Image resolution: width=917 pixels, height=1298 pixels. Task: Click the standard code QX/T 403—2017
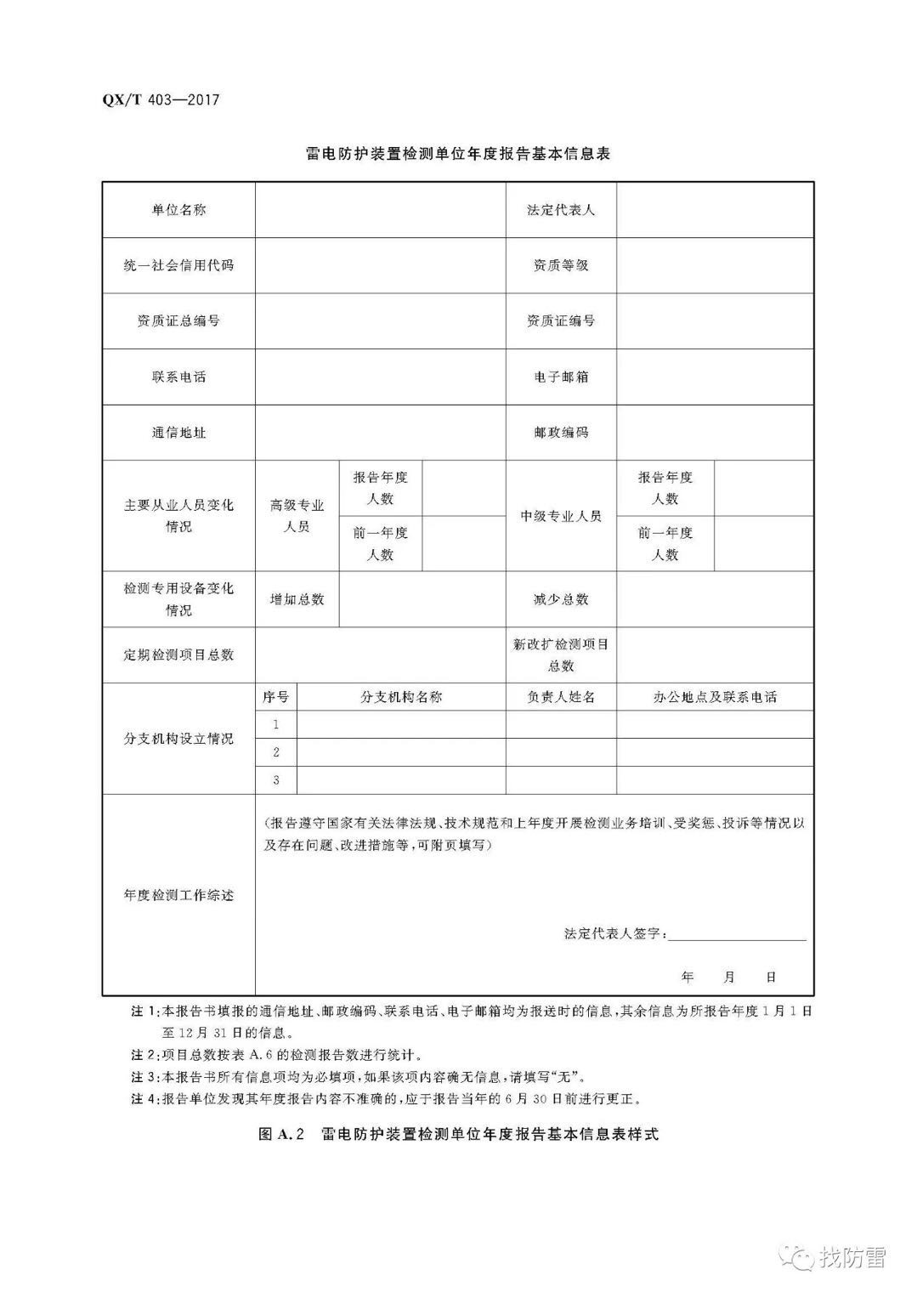161,99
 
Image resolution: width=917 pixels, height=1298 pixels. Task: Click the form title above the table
457,154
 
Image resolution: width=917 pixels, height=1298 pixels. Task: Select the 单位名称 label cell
178,210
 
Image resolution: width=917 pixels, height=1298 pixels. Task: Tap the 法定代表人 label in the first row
561,210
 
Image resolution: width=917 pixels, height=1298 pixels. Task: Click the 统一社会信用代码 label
178,265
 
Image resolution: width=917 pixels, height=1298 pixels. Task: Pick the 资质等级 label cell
561,265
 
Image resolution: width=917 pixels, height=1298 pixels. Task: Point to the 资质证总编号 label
178,320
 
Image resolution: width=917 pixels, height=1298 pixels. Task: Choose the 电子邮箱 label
561,377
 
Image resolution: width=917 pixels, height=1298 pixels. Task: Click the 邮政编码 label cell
561,432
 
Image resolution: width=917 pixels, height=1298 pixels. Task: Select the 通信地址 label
178,432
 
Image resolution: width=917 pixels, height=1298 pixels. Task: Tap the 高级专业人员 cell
297,516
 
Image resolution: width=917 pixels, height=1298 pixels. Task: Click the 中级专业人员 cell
561,516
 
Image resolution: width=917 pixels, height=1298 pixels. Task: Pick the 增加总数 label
297,599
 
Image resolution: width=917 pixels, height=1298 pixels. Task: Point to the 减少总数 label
561,599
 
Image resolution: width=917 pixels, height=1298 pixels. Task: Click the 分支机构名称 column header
401,697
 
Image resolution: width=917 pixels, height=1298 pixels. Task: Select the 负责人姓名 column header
561,697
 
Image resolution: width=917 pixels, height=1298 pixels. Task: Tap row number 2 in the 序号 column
276,752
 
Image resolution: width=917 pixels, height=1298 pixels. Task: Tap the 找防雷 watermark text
852,1256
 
